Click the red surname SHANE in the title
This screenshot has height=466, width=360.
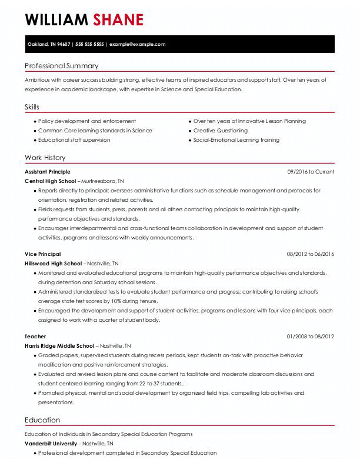tap(118, 20)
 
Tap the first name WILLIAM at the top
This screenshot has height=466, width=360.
tap(57, 20)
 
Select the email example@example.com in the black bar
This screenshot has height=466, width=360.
tap(137, 44)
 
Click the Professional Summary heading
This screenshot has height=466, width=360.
tap(61, 66)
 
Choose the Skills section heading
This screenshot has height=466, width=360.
tap(32, 107)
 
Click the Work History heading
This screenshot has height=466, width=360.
tap(45, 158)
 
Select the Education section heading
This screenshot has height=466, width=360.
tap(42, 420)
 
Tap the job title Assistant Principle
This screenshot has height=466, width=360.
tap(47, 172)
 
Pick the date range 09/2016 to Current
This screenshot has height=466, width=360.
tap(310, 172)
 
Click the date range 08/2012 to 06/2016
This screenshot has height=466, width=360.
tap(310, 254)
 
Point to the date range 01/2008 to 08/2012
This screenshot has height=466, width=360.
tap(310, 337)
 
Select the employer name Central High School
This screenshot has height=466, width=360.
tap(51, 181)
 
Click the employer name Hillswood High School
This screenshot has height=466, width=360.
tap(53, 264)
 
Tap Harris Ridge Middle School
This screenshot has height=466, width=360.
tap(59, 346)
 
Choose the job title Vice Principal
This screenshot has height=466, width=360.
tap(42, 254)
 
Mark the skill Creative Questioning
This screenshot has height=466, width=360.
tap(221, 131)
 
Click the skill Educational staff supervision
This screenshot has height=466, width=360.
tap(74, 140)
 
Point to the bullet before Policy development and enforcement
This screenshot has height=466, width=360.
tap(34, 121)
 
